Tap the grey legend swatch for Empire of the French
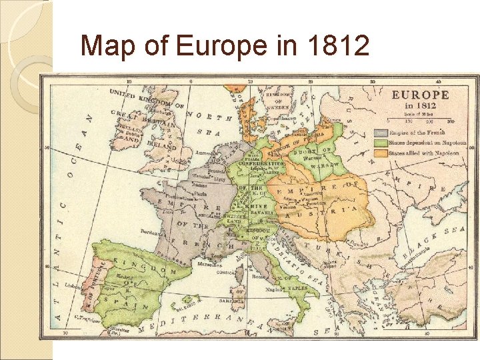tap(381, 132)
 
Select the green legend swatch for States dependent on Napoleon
tap(381, 143)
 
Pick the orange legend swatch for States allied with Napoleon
tap(381, 153)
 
